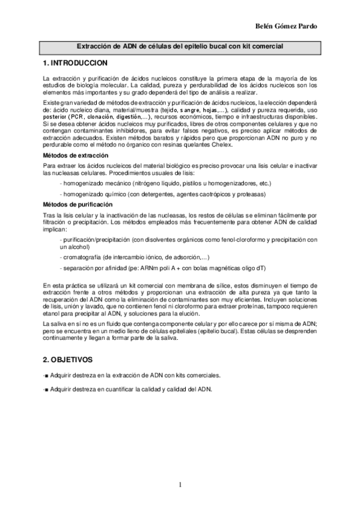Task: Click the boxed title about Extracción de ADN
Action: click(180, 46)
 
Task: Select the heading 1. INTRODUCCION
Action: click(75, 63)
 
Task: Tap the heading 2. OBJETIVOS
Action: click(67, 360)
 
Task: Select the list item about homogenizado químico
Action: click(163, 194)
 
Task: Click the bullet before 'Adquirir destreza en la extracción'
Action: click(46, 375)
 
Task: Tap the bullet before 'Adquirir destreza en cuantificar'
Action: click(46, 389)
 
